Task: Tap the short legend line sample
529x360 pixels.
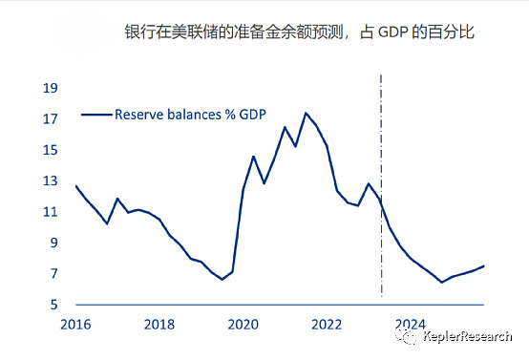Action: point(95,114)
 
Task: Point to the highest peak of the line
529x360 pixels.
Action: point(306,113)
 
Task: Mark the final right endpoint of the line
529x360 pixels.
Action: point(484,265)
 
